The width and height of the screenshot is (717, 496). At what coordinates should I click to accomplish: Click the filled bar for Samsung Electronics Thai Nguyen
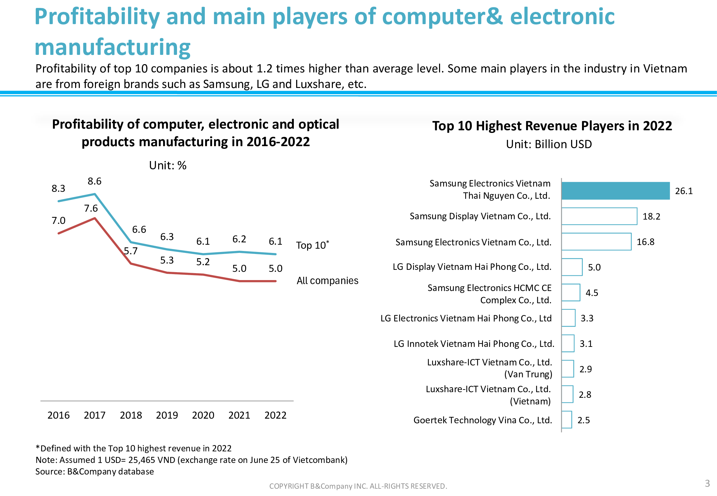[x=615, y=191]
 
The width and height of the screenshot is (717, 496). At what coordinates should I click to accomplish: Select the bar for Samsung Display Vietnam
[x=599, y=216]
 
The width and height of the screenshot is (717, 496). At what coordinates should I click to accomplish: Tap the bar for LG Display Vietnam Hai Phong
[x=572, y=267]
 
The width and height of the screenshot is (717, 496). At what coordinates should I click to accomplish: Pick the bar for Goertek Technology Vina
[x=567, y=420]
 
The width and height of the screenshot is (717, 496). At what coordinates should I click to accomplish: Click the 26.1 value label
[x=684, y=191]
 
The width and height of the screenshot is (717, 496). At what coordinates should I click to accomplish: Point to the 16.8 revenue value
[x=645, y=242]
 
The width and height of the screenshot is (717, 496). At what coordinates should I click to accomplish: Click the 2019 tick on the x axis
[x=167, y=415]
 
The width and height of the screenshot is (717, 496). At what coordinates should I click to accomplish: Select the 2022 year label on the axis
[x=275, y=415]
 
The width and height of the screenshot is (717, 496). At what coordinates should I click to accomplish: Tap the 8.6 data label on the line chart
[x=94, y=181]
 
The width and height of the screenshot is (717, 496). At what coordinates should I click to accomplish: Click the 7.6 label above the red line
[x=91, y=208]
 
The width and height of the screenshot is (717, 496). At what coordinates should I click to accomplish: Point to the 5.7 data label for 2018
[x=131, y=251]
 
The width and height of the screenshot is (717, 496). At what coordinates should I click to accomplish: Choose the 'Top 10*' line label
[x=312, y=245]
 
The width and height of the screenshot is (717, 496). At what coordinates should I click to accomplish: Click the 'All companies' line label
[x=327, y=281]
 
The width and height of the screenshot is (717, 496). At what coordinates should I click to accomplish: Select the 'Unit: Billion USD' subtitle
[x=549, y=145]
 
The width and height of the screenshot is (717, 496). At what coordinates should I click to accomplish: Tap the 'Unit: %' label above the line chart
[x=168, y=165]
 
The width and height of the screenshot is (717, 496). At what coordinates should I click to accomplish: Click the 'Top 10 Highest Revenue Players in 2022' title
[x=552, y=126]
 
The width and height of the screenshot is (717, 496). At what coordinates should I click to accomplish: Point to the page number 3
[x=707, y=483]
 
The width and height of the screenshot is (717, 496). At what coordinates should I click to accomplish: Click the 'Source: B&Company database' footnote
[x=95, y=472]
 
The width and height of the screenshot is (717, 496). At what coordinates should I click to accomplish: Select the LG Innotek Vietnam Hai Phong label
[x=474, y=344]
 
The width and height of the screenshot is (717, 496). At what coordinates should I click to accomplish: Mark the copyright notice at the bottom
[x=358, y=486]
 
